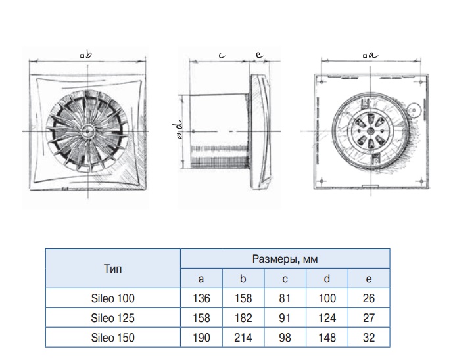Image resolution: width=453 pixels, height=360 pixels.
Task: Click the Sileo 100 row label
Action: click(112, 298)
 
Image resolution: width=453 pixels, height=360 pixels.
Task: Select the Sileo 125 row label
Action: click(112, 318)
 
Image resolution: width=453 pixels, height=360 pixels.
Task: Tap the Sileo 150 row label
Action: click(112, 338)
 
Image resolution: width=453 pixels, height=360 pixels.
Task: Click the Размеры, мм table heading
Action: click(285, 259)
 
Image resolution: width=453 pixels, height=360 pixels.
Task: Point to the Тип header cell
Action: click(112, 269)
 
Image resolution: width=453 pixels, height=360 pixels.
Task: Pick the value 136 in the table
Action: click(201, 298)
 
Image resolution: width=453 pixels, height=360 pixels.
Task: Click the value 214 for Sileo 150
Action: click(243, 338)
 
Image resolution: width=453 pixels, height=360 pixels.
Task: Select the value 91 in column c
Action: click(285, 318)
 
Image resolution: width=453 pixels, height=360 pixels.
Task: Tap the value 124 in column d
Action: click(327, 318)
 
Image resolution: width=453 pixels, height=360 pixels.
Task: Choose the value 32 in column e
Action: click(369, 338)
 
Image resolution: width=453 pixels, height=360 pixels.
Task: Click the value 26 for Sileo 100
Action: click(369, 298)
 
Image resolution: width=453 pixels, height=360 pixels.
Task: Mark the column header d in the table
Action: click(327, 279)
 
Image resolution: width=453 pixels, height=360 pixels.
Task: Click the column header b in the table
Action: click(243, 279)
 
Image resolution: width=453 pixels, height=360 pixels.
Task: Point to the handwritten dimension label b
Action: click(88, 54)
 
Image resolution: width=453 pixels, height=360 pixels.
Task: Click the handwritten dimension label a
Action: click(373, 55)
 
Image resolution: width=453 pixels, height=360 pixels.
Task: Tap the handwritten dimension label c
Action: click(222, 55)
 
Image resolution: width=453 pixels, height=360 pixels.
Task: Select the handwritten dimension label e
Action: click(260, 55)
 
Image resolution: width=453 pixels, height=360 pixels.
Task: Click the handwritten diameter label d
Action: click(179, 125)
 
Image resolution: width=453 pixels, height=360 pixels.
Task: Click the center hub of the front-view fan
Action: click(87, 131)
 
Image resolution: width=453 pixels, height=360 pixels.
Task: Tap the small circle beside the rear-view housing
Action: click(414, 110)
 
